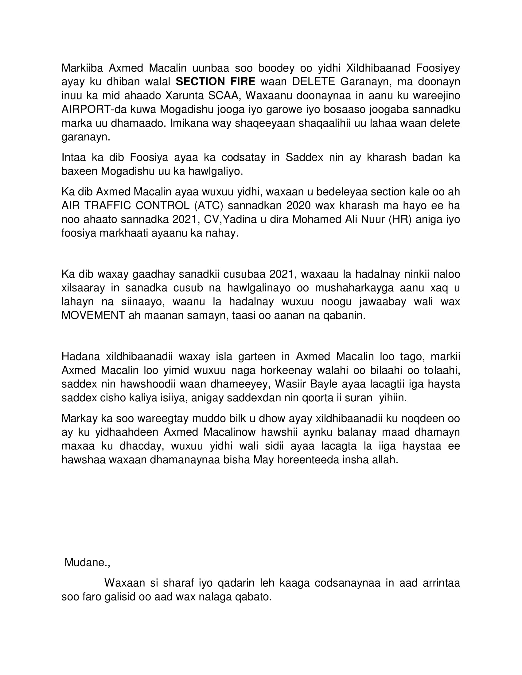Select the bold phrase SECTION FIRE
click(x=216, y=82)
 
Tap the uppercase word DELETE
click(x=314, y=82)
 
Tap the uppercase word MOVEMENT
click(x=93, y=315)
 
